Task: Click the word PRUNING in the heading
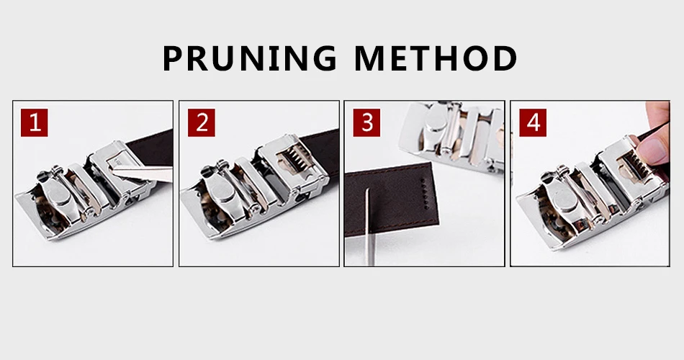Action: coord(250,58)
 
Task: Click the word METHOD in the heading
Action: coord(436,58)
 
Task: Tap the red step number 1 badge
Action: coord(34,122)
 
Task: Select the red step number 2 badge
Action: coord(202,122)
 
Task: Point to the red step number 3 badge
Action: coord(367,122)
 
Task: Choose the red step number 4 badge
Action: coord(533,122)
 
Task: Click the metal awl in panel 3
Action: coord(369,226)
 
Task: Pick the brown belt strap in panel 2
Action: coord(320,148)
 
